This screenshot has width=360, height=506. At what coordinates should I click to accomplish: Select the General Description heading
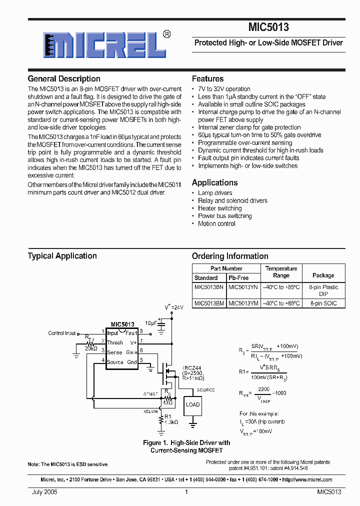pyautogui.click(x=64, y=79)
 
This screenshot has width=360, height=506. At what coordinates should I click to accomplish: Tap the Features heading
pyautogui.click(x=208, y=79)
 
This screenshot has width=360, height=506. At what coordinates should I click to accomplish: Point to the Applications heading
pyautogui.click(x=215, y=183)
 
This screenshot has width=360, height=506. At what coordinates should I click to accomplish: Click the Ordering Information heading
pyautogui.click(x=230, y=256)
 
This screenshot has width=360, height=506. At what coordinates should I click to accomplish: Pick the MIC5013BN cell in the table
pyautogui.click(x=209, y=287)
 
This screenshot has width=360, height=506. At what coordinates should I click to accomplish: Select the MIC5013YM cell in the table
pyautogui.click(x=243, y=303)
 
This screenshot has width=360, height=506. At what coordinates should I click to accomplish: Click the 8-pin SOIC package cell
pyautogui.click(x=323, y=303)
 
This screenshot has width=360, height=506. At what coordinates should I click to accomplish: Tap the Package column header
pyautogui.click(x=323, y=275)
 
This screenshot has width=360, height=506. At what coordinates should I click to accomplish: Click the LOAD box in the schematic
pyautogui.click(x=192, y=404)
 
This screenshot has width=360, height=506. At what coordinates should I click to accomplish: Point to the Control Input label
pyautogui.click(x=62, y=333)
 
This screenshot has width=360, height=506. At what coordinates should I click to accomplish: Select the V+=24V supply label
pyautogui.click(x=174, y=307)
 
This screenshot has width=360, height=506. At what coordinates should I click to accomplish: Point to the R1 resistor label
pyautogui.click(x=167, y=416)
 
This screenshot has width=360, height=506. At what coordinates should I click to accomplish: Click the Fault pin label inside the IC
pyautogui.click(x=131, y=333)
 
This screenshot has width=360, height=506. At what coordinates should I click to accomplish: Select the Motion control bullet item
pyautogui.click(x=216, y=224)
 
